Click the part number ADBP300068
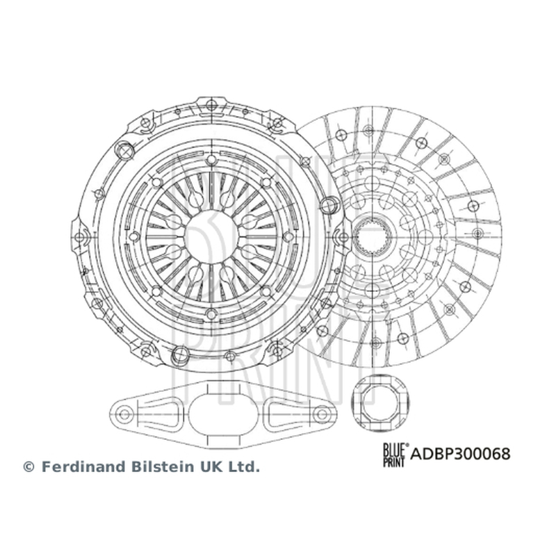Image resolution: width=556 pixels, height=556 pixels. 460,454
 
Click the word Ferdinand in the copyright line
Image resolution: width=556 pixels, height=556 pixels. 84,466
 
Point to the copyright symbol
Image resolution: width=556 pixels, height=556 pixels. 28,467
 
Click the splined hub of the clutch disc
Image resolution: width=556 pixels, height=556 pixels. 373,235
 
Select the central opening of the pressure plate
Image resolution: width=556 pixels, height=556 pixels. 211,236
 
